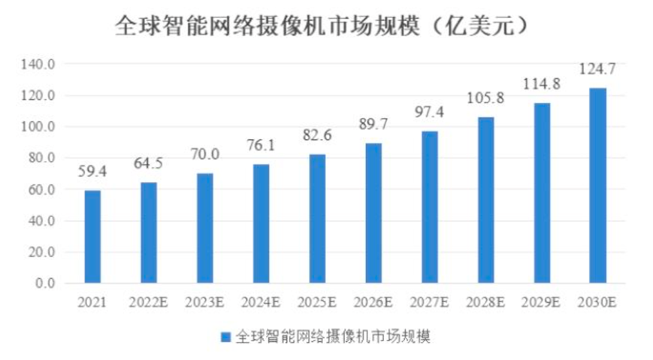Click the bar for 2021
coord(92,237)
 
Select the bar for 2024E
coord(261,224)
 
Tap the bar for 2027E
coord(430,207)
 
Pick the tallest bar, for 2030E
coord(598,186)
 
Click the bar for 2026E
coord(373,213)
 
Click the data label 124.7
coord(598,70)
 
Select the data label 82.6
coord(318,136)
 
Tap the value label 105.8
coord(486,98)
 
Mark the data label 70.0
coord(205,155)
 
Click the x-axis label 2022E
coord(149,302)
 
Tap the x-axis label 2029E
coord(542,302)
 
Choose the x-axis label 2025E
coord(318,302)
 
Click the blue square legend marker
coord(225,335)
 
